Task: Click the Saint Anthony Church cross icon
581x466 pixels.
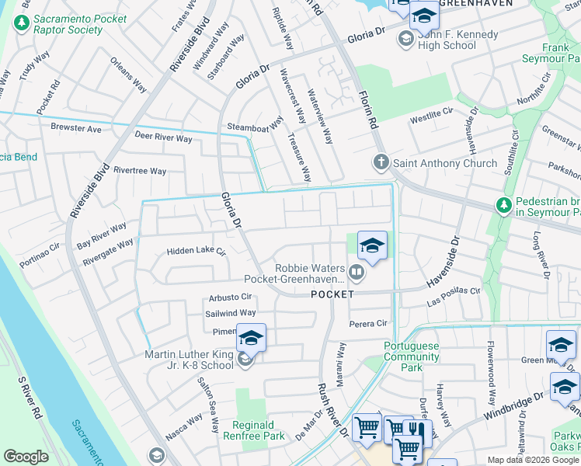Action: pos(381,163)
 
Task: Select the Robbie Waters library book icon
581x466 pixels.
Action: pos(356,272)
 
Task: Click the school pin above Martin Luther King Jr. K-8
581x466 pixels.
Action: pos(251,338)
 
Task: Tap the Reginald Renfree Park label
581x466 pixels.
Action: pos(269,429)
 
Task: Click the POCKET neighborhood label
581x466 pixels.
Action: pos(332,294)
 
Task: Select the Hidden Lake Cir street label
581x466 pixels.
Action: pos(196,252)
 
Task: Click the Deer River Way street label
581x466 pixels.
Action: pos(163,138)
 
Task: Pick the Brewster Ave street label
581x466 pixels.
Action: pos(76,128)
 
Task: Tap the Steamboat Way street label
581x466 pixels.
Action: pos(255,126)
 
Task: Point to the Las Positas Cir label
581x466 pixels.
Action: pos(454,290)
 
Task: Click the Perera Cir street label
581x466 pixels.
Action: pos(368,323)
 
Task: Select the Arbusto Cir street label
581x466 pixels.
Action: pos(231,297)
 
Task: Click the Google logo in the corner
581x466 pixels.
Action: pos(26,457)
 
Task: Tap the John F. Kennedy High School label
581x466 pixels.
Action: pos(447,40)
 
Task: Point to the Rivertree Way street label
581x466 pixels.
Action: pos(140,171)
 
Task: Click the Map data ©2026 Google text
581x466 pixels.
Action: pos(533,460)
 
